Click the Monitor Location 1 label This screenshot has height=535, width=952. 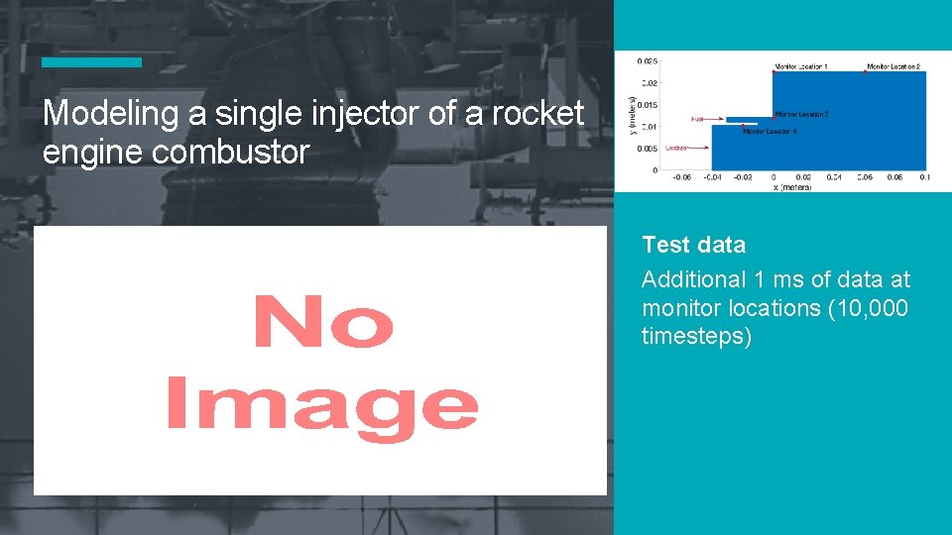[x=801, y=66]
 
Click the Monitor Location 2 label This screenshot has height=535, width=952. [x=893, y=66]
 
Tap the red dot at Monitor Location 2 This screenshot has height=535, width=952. [x=866, y=71]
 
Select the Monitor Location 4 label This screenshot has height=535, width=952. [x=769, y=131]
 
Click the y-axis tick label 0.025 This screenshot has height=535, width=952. [x=647, y=61]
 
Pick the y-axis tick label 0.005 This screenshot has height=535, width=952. [x=647, y=149]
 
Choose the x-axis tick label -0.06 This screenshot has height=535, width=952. [x=682, y=178]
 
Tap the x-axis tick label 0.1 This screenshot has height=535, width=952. [x=924, y=178]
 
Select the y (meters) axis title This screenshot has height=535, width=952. [x=633, y=117]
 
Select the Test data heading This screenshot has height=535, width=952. [x=693, y=245]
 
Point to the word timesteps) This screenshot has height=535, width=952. [x=697, y=336]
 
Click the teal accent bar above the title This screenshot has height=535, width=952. [x=91, y=62]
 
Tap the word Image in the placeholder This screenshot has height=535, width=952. [x=321, y=406]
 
